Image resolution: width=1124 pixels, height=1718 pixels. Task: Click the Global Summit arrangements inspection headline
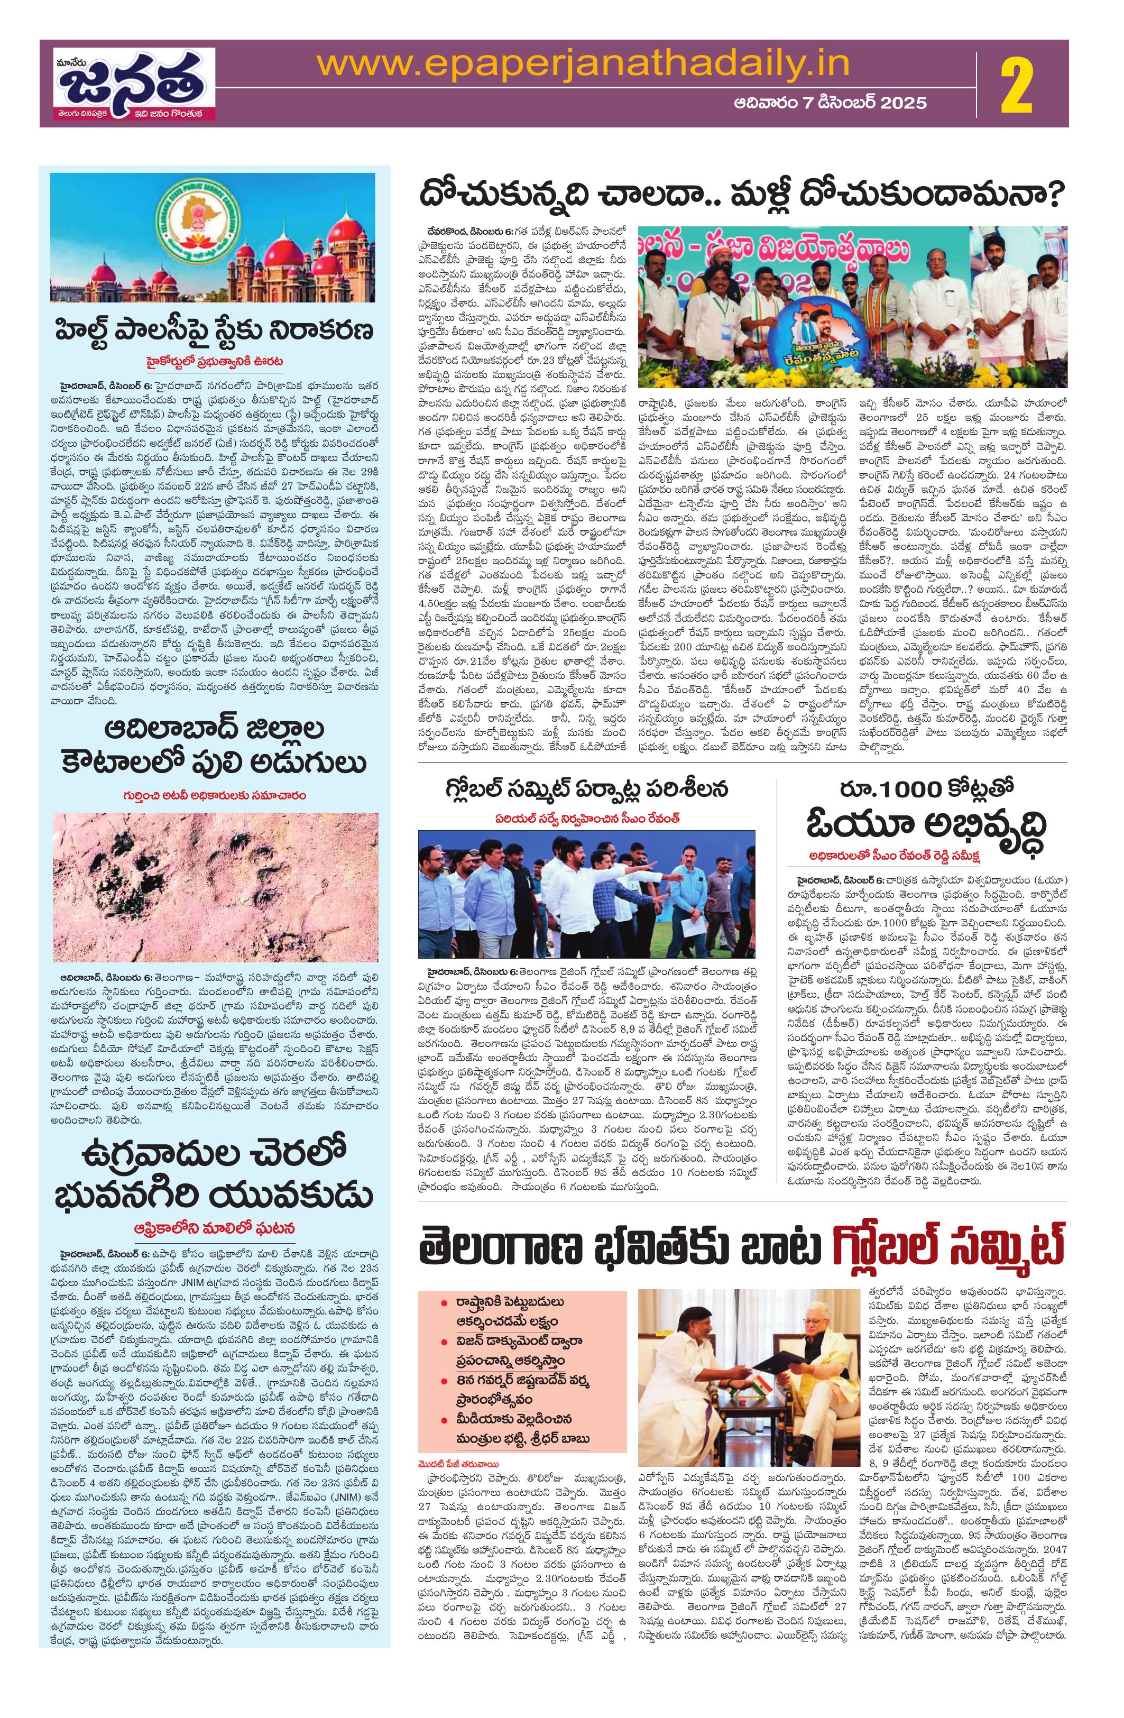587,787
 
